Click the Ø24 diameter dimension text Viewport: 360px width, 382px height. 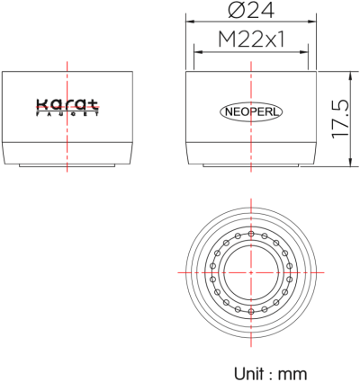tap(251, 12)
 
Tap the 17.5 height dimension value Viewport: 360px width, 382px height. tap(340, 118)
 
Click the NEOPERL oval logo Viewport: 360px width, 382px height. tap(251, 112)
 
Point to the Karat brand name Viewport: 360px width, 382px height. tap(68, 104)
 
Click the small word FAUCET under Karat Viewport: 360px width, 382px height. tap(68, 114)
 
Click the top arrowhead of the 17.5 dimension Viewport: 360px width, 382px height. tap(351, 74)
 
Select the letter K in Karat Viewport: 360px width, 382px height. tap(40, 104)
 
